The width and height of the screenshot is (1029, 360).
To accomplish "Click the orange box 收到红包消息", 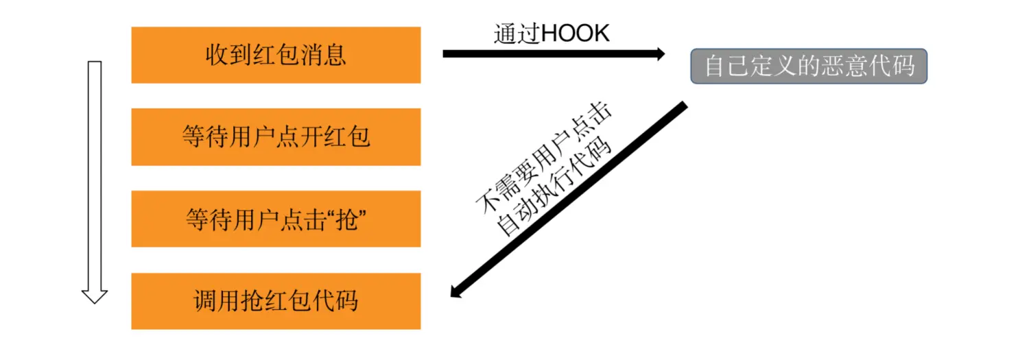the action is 276,55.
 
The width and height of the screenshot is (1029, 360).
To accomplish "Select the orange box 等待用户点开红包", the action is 276,136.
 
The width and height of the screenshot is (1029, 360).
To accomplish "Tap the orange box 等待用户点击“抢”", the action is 276,219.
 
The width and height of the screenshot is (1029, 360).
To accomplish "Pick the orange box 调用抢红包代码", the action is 276,301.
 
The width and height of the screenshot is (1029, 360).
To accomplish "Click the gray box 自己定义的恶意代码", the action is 809,67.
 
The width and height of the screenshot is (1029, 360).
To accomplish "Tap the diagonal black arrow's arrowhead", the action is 456,291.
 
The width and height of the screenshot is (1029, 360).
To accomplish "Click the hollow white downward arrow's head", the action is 95,296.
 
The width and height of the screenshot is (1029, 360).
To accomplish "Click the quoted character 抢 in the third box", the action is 348,219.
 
